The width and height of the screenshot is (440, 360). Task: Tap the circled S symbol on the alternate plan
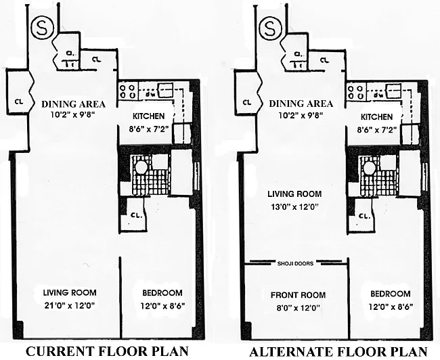pyautogui.click(x=271, y=29)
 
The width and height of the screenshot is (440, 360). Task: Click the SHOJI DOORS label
pyautogui.click(x=295, y=263)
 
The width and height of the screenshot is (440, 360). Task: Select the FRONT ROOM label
pyautogui.click(x=298, y=295)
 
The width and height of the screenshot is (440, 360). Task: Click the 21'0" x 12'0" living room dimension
pyautogui.click(x=70, y=306)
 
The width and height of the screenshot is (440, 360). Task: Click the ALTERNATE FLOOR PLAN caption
pyautogui.click(x=338, y=351)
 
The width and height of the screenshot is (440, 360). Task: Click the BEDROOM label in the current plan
pyautogui.click(x=162, y=293)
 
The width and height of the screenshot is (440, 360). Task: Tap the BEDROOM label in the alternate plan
pyautogui.click(x=390, y=294)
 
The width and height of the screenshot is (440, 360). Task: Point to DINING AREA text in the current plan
pyautogui.click(x=72, y=104)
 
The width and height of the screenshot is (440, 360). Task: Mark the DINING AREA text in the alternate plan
pyautogui.click(x=301, y=104)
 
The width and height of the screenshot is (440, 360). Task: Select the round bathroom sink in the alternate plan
pyautogui.click(x=370, y=167)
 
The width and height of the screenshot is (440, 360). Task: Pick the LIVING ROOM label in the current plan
pyautogui.click(x=70, y=293)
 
